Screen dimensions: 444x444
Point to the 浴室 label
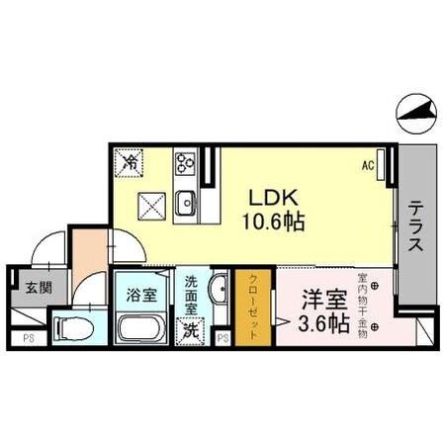(140, 294)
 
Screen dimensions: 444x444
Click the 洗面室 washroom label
(191, 295)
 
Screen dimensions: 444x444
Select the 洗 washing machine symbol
(189, 330)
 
